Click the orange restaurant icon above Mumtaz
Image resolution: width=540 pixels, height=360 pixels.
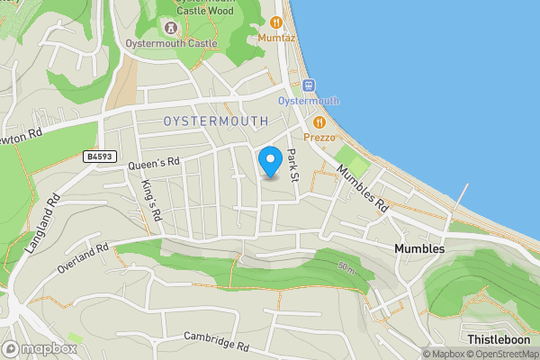point(276,22)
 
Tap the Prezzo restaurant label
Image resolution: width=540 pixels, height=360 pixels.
point(319,138)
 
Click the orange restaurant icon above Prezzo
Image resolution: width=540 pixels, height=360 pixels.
point(319,122)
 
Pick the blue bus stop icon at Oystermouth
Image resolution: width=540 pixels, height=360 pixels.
point(309,85)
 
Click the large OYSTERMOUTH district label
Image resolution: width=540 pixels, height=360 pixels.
point(216,121)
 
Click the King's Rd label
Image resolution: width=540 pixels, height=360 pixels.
point(150,194)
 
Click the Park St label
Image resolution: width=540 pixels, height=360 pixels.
point(291,162)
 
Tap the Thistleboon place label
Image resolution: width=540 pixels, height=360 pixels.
point(499,339)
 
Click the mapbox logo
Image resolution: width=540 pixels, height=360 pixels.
point(40,348)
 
